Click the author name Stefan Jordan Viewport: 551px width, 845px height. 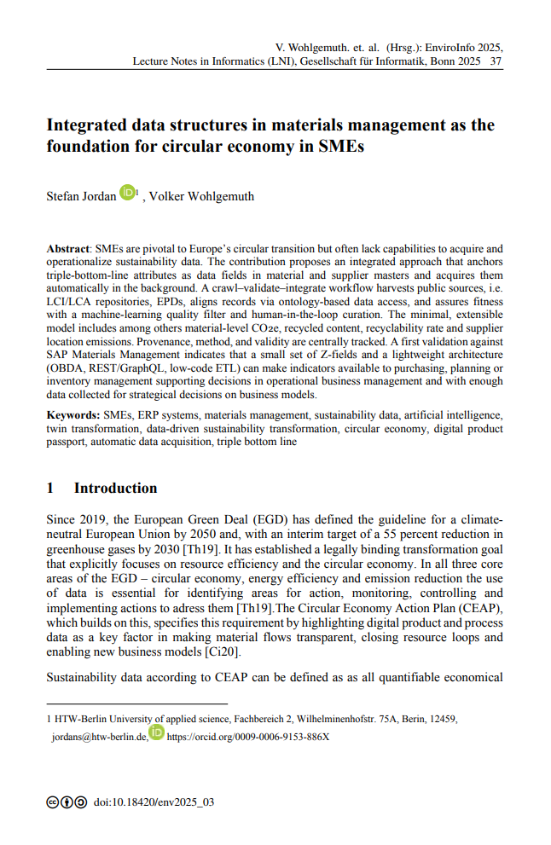[x=81, y=197]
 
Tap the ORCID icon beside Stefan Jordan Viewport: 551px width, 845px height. [x=127, y=193]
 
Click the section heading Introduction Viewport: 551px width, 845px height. [x=115, y=488]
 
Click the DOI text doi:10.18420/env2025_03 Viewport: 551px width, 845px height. [x=154, y=802]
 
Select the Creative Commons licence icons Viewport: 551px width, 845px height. [x=67, y=802]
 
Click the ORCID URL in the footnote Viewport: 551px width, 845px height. [x=248, y=736]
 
